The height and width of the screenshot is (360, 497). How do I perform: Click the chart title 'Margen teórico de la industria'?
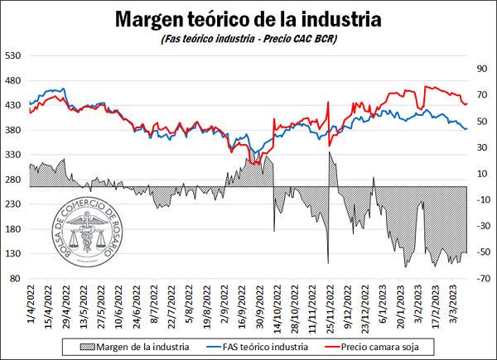(x=248, y=18)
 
